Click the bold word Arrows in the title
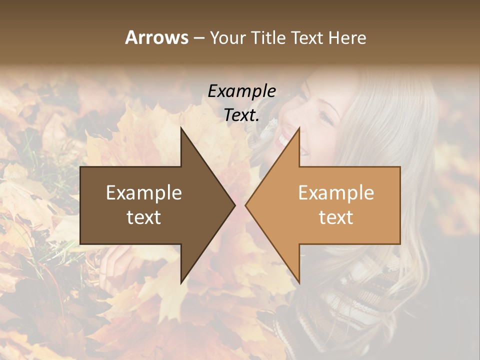(x=156, y=37)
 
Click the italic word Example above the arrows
(x=242, y=91)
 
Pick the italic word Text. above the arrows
(x=242, y=115)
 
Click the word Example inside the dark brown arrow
(x=144, y=193)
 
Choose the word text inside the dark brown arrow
(x=144, y=217)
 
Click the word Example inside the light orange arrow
(x=336, y=193)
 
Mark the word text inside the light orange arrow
(x=336, y=217)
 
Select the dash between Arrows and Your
(x=198, y=38)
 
